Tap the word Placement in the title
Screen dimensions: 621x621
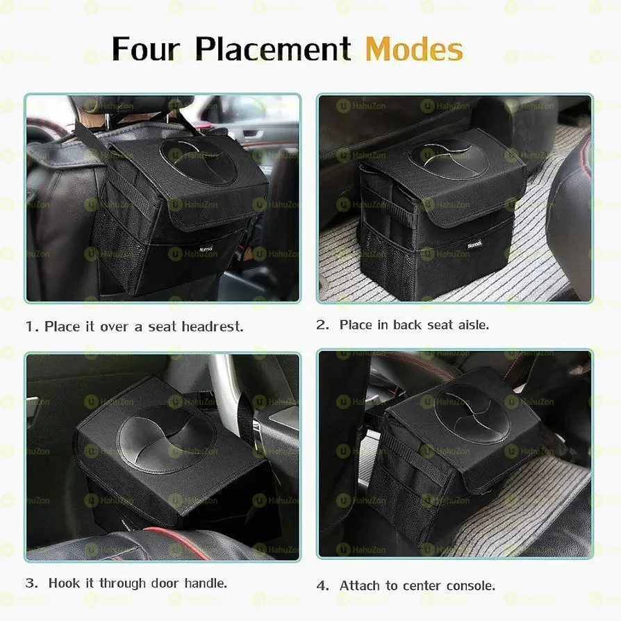click(272, 49)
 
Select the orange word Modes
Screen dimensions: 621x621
click(414, 49)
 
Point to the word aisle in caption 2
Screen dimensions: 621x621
click(473, 324)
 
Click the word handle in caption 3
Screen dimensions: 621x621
click(205, 583)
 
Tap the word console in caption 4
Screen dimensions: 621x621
click(472, 586)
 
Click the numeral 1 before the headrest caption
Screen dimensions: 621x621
click(30, 326)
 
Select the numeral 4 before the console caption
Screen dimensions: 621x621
click(322, 586)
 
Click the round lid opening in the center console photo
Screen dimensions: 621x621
click(471, 406)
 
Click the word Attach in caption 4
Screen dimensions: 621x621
click(361, 586)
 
